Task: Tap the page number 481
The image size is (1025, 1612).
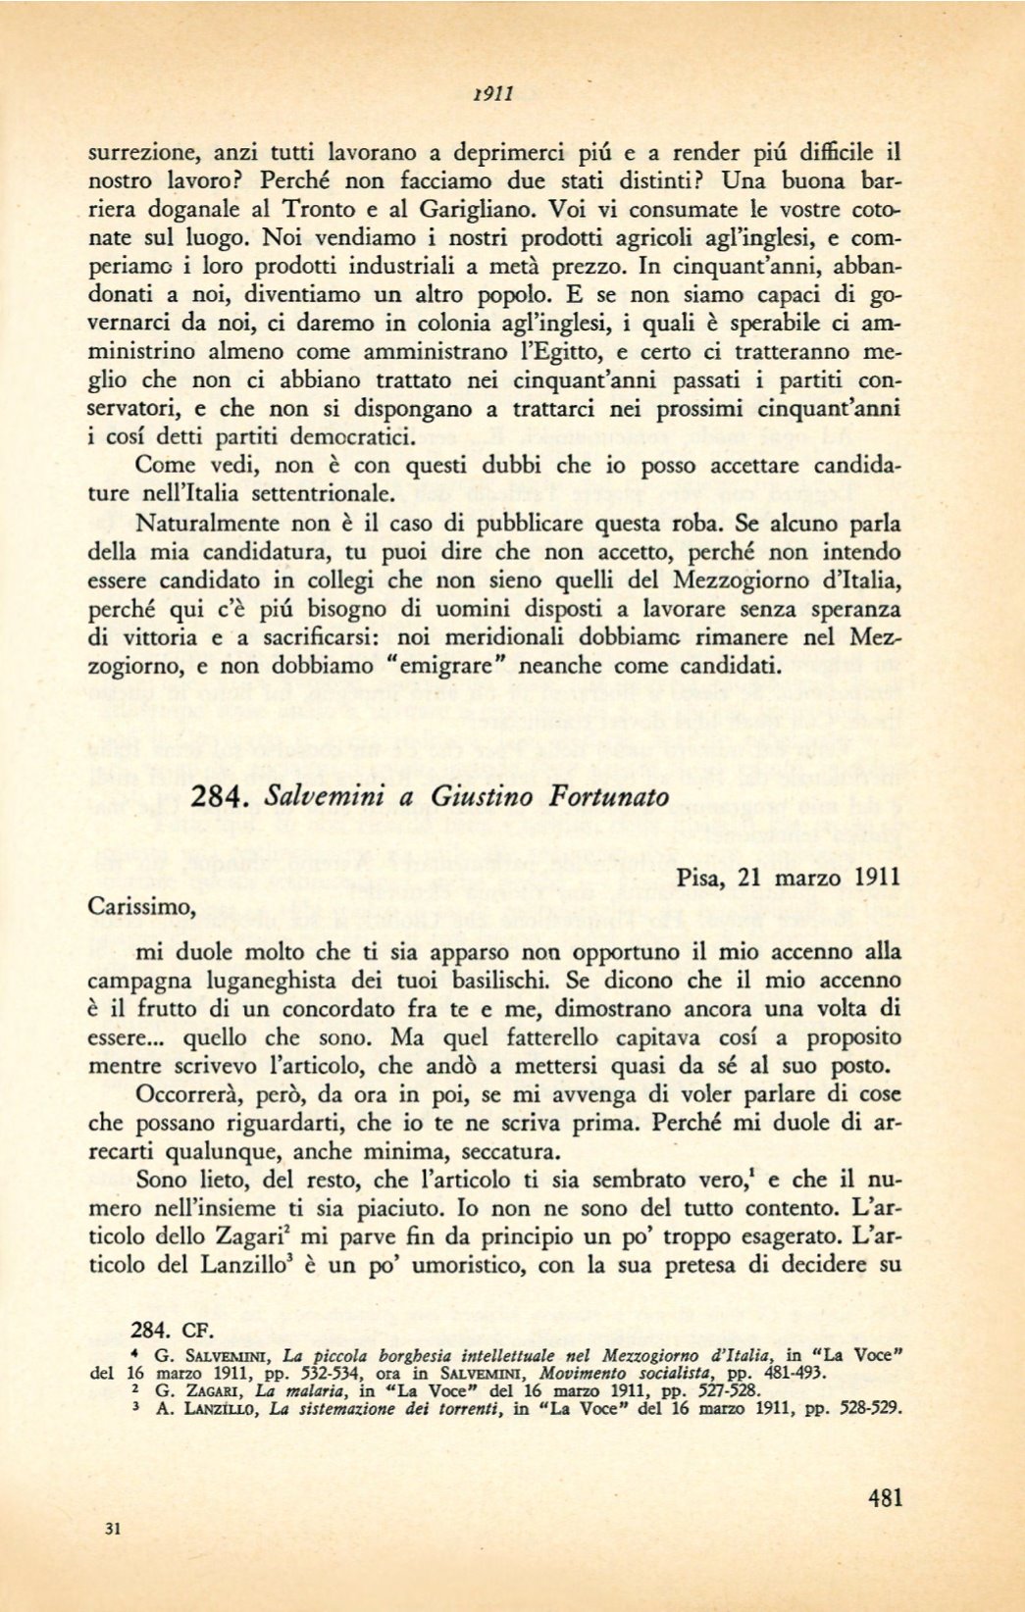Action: point(885,1497)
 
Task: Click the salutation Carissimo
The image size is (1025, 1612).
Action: point(141,907)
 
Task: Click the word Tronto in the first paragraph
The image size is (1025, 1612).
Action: point(320,209)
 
